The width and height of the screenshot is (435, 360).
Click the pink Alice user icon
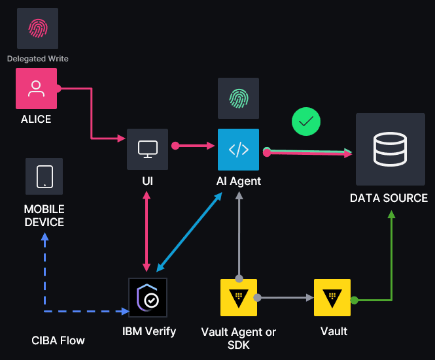(36, 89)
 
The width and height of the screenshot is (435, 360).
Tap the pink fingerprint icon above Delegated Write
(37, 27)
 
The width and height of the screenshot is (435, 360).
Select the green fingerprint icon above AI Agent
(238, 98)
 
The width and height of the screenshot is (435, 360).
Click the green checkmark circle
(305, 122)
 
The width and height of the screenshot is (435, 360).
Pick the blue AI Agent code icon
(238, 150)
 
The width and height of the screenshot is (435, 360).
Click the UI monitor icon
(147, 149)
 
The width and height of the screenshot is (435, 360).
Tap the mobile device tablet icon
(44, 176)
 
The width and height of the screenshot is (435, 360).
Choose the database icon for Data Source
(390, 150)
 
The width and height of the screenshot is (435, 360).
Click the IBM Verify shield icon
(148, 297)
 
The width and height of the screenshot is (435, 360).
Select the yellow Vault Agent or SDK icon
(238, 297)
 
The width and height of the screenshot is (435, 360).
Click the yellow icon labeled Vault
(332, 297)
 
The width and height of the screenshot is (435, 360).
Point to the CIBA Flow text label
(58, 340)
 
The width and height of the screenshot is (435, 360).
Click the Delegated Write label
(37, 59)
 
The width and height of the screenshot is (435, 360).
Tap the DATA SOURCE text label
(389, 198)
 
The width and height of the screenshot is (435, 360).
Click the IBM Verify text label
(149, 331)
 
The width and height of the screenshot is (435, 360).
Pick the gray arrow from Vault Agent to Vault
(285, 297)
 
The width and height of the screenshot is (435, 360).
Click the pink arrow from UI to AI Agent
(196, 146)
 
